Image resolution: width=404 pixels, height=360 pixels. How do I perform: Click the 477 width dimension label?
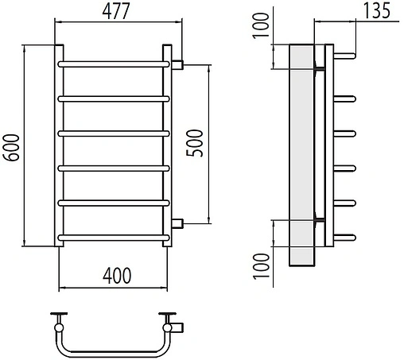pyautogui.click(x=116, y=11)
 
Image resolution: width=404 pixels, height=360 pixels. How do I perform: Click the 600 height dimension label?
pyautogui.click(x=11, y=148)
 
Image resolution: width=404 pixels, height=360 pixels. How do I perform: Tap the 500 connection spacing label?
pyautogui.click(x=194, y=143)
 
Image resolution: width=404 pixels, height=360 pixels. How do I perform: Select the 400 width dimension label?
pyautogui.click(x=117, y=276)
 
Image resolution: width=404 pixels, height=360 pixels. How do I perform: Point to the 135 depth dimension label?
pyautogui.click(x=377, y=11)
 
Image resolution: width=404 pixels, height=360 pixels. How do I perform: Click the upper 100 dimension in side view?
pyautogui.click(x=261, y=25)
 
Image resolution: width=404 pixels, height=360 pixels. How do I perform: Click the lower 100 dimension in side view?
pyautogui.click(x=261, y=266)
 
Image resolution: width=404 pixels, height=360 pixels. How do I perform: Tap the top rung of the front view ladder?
pyautogui.click(x=114, y=64)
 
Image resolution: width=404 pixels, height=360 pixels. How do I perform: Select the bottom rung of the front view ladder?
pyautogui.click(x=114, y=238)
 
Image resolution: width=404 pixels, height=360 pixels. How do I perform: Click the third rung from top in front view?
pyautogui.click(x=114, y=134)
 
